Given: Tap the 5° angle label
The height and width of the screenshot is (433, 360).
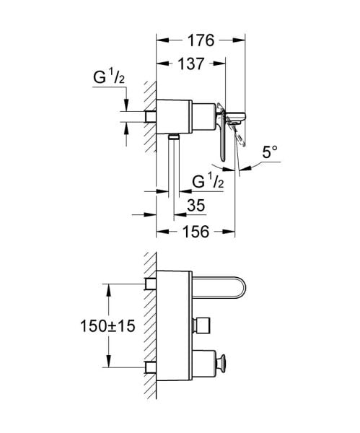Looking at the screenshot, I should pos(268,152).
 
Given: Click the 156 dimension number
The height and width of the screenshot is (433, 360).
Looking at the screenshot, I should pos(196,231).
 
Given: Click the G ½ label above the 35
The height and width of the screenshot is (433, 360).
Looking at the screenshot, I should pos(208,180).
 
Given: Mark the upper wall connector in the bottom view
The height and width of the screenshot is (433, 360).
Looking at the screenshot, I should pos(152,282).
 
